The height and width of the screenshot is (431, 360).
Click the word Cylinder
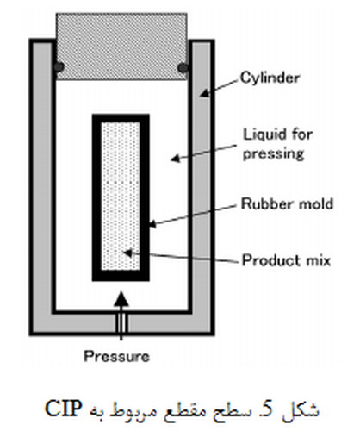click(x=270, y=78)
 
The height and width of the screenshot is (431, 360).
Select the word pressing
click(x=273, y=154)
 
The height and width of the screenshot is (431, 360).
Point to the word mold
click(x=316, y=203)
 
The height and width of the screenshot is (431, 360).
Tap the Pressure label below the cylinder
click(x=116, y=357)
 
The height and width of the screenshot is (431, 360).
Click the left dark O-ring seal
click(x=59, y=67)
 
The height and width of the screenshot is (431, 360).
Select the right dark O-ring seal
click(x=183, y=68)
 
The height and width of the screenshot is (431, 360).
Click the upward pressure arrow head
click(x=121, y=299)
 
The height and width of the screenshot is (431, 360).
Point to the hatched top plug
click(x=121, y=46)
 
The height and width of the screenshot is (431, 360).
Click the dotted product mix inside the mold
click(x=121, y=197)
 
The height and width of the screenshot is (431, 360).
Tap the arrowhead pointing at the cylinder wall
click(x=204, y=93)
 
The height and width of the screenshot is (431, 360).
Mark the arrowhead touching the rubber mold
click(x=152, y=223)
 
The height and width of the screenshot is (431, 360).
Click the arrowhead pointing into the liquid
click(x=175, y=158)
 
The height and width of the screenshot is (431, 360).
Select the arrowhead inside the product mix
click(x=127, y=253)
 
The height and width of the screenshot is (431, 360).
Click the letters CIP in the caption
click(x=64, y=409)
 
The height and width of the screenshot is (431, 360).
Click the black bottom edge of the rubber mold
click(x=121, y=276)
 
